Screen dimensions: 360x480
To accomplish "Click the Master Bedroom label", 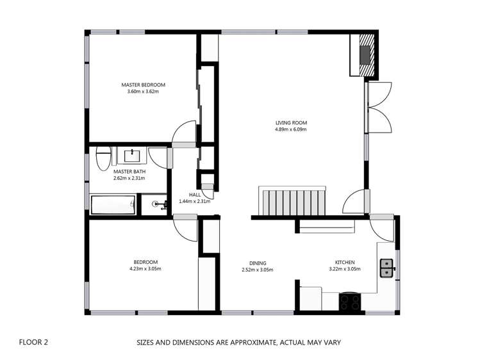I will (144, 85).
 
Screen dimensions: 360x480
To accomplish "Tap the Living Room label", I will (291, 122).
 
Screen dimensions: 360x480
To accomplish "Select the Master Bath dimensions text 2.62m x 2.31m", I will (128, 178).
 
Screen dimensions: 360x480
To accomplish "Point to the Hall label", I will (195, 194).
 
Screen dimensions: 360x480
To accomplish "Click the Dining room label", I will (258, 263).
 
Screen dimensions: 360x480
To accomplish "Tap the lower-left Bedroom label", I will (145, 262).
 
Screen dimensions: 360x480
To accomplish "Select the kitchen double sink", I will (386, 267).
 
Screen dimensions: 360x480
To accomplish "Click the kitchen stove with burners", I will (350, 300).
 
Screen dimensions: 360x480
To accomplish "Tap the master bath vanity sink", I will (133, 156).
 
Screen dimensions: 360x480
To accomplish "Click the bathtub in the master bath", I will (112, 206).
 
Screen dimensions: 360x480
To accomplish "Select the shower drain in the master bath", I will (155, 204).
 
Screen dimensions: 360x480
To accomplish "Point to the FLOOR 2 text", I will (33, 342).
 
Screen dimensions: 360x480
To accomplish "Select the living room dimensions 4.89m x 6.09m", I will (291, 129).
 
